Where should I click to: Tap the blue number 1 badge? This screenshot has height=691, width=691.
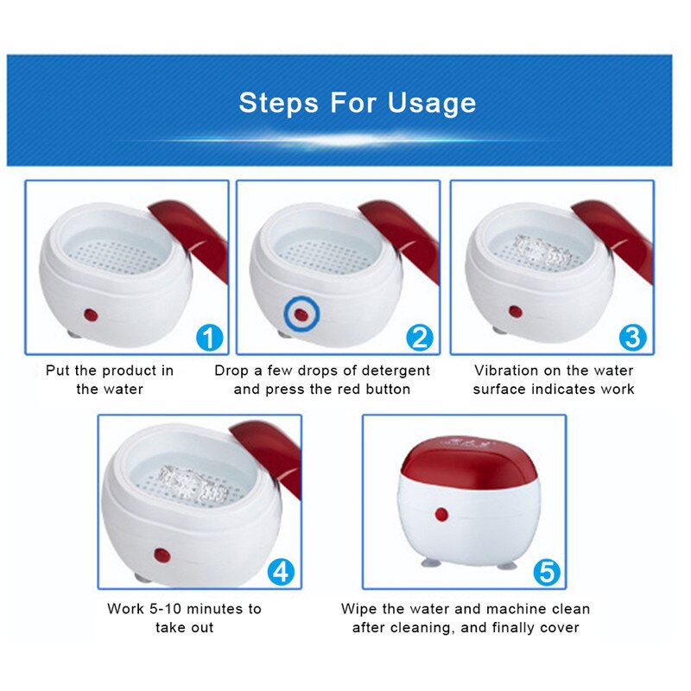pos(207,337)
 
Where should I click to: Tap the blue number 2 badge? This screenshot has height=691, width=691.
pos(420,337)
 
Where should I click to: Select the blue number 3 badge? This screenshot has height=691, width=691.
pos(633,337)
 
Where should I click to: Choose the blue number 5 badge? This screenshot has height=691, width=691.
pos(545,571)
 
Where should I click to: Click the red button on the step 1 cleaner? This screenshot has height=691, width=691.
pos(88,312)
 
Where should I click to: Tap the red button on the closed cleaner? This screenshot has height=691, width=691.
pos(441,515)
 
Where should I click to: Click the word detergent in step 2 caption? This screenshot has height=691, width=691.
pos(387,371)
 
